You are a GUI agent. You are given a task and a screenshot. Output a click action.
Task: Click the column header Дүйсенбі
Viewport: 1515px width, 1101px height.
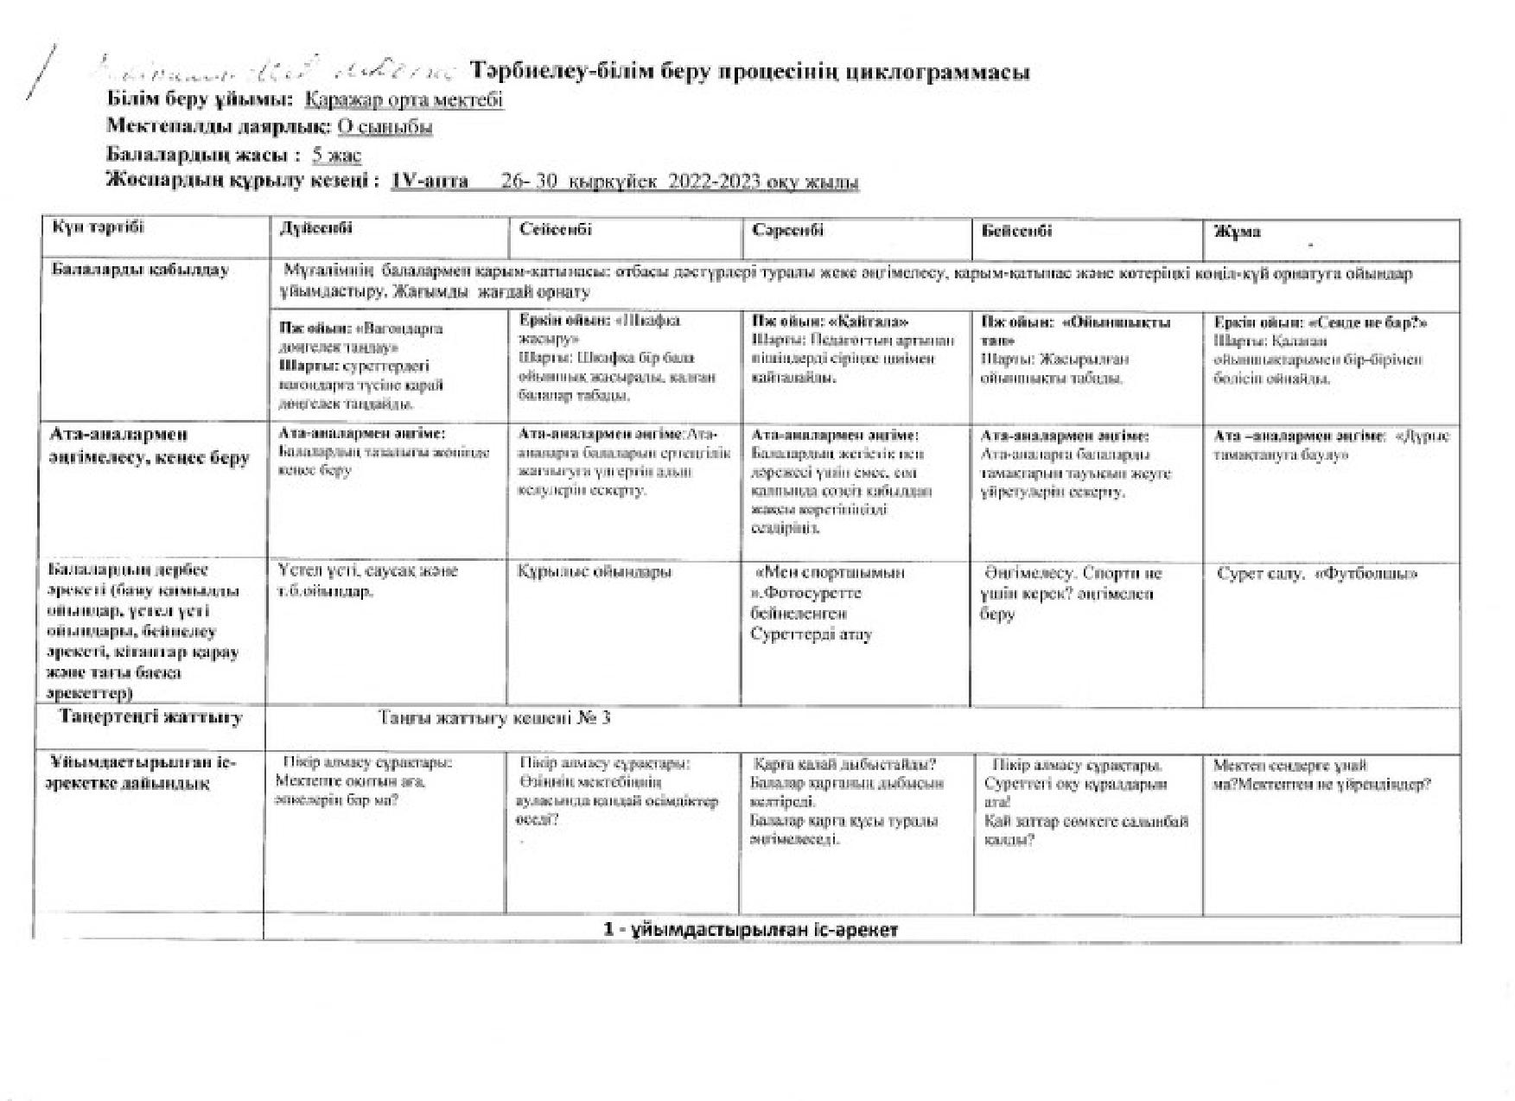click(x=315, y=229)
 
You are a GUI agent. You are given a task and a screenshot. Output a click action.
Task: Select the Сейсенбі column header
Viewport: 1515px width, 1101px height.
click(x=556, y=229)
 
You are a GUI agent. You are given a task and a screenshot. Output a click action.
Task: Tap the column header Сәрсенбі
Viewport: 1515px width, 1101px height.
click(x=787, y=230)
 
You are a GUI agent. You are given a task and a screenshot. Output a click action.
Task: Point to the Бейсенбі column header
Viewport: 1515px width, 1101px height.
click(x=1016, y=231)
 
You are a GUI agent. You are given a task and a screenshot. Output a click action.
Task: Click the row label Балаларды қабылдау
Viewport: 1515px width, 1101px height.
click(x=140, y=270)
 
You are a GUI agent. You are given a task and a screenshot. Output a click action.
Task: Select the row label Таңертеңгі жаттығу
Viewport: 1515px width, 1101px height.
click(x=150, y=716)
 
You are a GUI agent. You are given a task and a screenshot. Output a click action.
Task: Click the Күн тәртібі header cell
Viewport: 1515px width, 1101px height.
click(x=98, y=227)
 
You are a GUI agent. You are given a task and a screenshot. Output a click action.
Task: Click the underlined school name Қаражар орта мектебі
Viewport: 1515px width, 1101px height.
click(x=404, y=99)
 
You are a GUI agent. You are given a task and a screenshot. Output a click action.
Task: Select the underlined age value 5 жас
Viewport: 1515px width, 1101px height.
click(x=337, y=156)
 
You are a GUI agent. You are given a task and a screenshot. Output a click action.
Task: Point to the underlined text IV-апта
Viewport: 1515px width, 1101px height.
click(x=430, y=181)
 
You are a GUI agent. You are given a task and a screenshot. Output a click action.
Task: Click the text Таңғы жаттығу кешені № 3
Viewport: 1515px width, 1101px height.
click(x=494, y=717)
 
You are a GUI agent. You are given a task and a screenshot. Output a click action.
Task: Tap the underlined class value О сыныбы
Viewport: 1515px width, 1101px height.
click(x=385, y=127)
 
